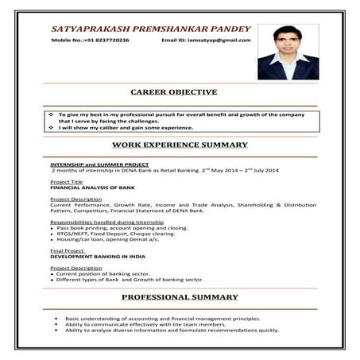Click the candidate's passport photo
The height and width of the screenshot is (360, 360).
pos(288,51)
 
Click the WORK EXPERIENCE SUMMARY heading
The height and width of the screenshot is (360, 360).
pos(180,145)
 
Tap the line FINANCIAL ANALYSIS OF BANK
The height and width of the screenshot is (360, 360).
pos(92,187)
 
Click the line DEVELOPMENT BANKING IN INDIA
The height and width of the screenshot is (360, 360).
pos(99,256)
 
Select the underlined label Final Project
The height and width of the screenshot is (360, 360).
pos(68,250)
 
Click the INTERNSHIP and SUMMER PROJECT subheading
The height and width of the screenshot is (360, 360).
pos(99,164)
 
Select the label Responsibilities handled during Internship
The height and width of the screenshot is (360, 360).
pos(105,222)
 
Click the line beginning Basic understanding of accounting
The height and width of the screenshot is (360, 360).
pos(162,318)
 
